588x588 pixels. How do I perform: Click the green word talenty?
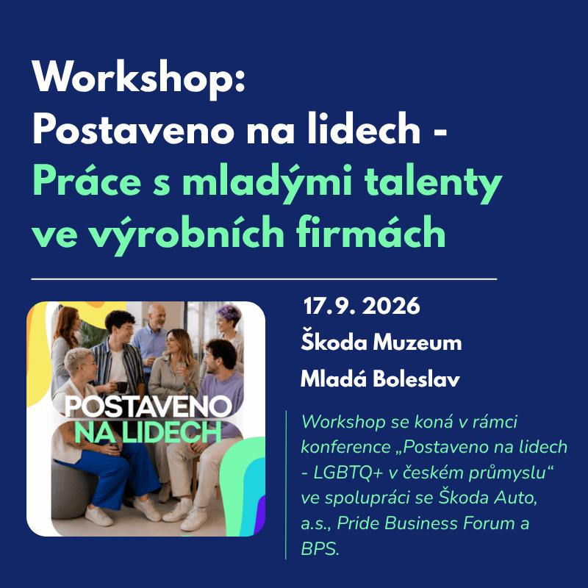[x=433, y=184]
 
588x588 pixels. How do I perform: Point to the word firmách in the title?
[x=371, y=232]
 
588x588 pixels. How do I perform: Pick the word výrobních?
[x=188, y=234]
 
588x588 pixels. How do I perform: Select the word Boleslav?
[x=416, y=379]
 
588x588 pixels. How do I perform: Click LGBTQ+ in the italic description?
[x=348, y=473]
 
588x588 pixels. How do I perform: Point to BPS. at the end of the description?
[x=320, y=549]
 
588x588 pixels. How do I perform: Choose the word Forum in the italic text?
[x=487, y=523]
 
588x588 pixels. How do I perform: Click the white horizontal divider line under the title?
[x=264, y=279]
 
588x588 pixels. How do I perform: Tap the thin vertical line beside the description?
[x=286, y=484]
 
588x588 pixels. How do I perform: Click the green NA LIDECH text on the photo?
[x=148, y=432]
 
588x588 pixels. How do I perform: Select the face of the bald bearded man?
[x=157, y=317]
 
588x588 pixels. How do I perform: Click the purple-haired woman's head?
[x=229, y=319]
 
